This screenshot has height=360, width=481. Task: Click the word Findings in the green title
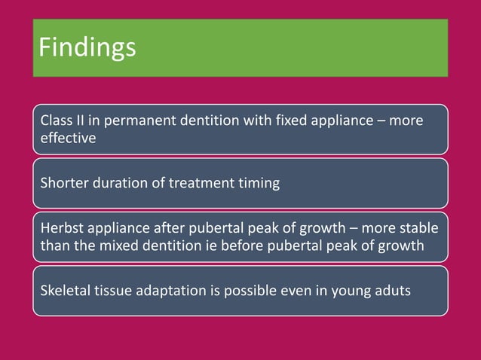(87, 47)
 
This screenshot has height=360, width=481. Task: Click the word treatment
(200, 183)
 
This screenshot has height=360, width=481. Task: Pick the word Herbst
(61, 227)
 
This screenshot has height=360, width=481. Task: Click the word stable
(418, 227)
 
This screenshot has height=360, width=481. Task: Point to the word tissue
(116, 290)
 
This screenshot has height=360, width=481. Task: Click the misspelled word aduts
(392, 290)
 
